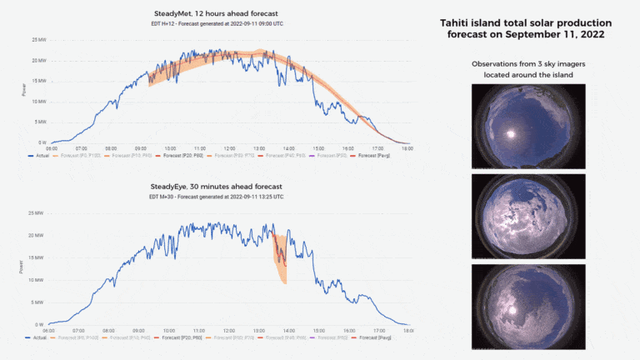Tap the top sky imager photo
pos(527,127)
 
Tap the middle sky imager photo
pos(527,215)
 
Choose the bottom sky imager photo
pos(527,303)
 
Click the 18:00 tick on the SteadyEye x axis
pos(406,331)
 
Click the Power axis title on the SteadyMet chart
pos(23,90)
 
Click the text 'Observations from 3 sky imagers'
pos(527,64)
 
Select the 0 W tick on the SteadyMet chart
pos(40,142)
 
